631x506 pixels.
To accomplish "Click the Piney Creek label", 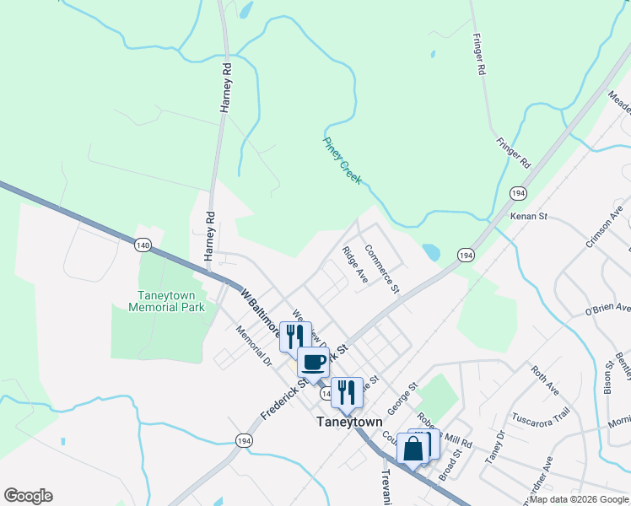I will (x=342, y=161).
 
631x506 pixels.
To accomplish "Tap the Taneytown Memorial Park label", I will (x=172, y=301).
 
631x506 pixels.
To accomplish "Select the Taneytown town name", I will (x=349, y=422).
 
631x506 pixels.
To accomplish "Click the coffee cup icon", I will (x=313, y=362).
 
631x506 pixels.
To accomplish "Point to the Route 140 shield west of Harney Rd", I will (x=142, y=245).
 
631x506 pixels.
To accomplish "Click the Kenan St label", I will (x=529, y=217).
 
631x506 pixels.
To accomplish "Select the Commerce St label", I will (x=381, y=269).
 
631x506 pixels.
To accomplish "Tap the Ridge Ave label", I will (x=355, y=265).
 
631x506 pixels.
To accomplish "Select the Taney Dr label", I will (x=493, y=447).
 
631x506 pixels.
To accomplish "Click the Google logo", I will (x=29, y=496).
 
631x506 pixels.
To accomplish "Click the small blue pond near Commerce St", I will (x=431, y=252).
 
